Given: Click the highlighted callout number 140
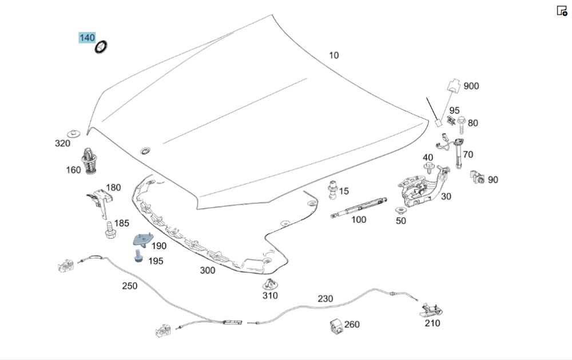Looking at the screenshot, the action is click(x=87, y=38).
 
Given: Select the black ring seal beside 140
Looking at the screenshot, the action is click(x=101, y=47).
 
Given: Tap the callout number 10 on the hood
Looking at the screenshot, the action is click(x=334, y=56).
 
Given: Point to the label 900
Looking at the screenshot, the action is click(x=471, y=86).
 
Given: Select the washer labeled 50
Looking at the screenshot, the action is click(x=400, y=211).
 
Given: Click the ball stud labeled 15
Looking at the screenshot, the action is click(x=332, y=189).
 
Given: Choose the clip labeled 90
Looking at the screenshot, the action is click(x=477, y=177).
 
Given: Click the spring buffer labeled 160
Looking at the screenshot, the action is click(x=89, y=161).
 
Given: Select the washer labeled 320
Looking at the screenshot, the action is click(x=74, y=133).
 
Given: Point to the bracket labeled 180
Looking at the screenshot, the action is click(x=100, y=203).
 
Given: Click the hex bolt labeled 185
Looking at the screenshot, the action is click(x=110, y=231).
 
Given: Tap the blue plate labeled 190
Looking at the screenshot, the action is click(x=142, y=240).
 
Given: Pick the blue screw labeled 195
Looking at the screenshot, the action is click(x=138, y=256).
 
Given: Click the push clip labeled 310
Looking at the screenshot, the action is click(x=269, y=284).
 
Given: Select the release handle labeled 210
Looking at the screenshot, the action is click(x=431, y=310).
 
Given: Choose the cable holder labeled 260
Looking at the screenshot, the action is click(x=336, y=326).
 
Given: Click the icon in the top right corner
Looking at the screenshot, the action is click(x=562, y=11).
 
